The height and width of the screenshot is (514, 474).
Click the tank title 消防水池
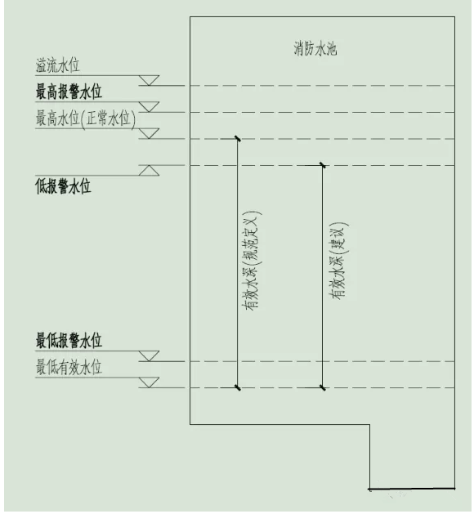(x=315, y=48)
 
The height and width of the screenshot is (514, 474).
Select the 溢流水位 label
(x=58, y=65)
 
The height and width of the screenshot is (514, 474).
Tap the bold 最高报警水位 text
(x=69, y=92)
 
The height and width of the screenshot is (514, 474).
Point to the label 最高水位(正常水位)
(x=86, y=118)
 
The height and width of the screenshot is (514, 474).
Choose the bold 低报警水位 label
(x=63, y=186)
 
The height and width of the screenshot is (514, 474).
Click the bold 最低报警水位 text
(x=69, y=340)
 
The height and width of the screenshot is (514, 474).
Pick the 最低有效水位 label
(x=69, y=367)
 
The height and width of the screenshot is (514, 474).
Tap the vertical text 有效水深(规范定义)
(x=251, y=261)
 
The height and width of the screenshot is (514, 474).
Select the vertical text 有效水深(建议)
(x=338, y=261)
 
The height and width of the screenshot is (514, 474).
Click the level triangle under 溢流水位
(x=149, y=80)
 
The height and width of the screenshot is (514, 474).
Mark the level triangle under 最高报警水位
(x=149, y=107)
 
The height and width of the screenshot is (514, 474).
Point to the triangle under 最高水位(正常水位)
(x=149, y=133)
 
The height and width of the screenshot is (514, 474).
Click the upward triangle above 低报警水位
(x=149, y=171)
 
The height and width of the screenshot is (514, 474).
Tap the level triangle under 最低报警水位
(x=149, y=356)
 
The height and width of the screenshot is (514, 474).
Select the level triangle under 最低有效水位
(x=149, y=382)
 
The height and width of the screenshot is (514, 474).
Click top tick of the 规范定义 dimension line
(x=238, y=139)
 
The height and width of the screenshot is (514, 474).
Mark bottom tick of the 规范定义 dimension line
(x=238, y=388)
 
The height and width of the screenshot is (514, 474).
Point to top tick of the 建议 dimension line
(x=323, y=165)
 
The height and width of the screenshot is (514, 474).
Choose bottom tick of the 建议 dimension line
(x=323, y=388)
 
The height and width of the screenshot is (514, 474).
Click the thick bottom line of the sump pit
(x=412, y=489)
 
